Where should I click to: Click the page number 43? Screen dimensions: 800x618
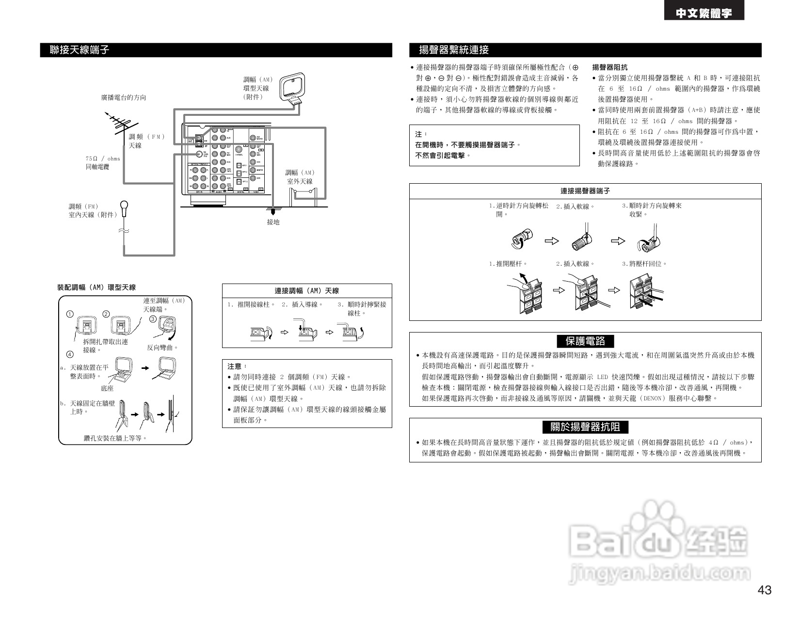click(764, 590)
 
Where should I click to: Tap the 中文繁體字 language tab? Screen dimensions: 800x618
click(704, 14)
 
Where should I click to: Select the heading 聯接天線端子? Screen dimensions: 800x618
click(80, 50)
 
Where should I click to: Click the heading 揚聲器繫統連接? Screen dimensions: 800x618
click(454, 50)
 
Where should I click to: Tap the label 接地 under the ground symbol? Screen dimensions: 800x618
click(273, 222)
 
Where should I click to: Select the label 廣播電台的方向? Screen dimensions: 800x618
click(123, 97)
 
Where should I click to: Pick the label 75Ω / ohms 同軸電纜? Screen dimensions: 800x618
click(103, 162)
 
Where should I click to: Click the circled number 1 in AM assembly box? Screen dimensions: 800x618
click(70, 315)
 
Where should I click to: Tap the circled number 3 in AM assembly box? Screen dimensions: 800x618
click(152, 319)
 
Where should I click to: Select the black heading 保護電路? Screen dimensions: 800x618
click(585, 341)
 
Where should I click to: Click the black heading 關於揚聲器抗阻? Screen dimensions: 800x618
click(585, 427)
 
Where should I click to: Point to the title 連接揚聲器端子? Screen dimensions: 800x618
click(585, 191)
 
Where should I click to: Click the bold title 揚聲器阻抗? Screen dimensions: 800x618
click(609, 67)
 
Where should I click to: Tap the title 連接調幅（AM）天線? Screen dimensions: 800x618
click(306, 291)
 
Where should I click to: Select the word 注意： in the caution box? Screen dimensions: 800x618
click(237, 366)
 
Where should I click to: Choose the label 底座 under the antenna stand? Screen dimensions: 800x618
click(107, 388)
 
